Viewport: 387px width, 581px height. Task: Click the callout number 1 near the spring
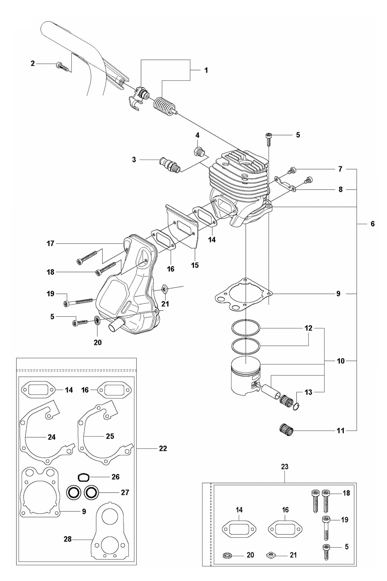coord(206,70)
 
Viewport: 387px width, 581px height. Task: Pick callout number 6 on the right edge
coord(373,224)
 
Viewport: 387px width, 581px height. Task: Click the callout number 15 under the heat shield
coord(195,265)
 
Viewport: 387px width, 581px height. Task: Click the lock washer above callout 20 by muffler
coord(97,320)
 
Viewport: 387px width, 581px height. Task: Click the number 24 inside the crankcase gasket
coord(52,437)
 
